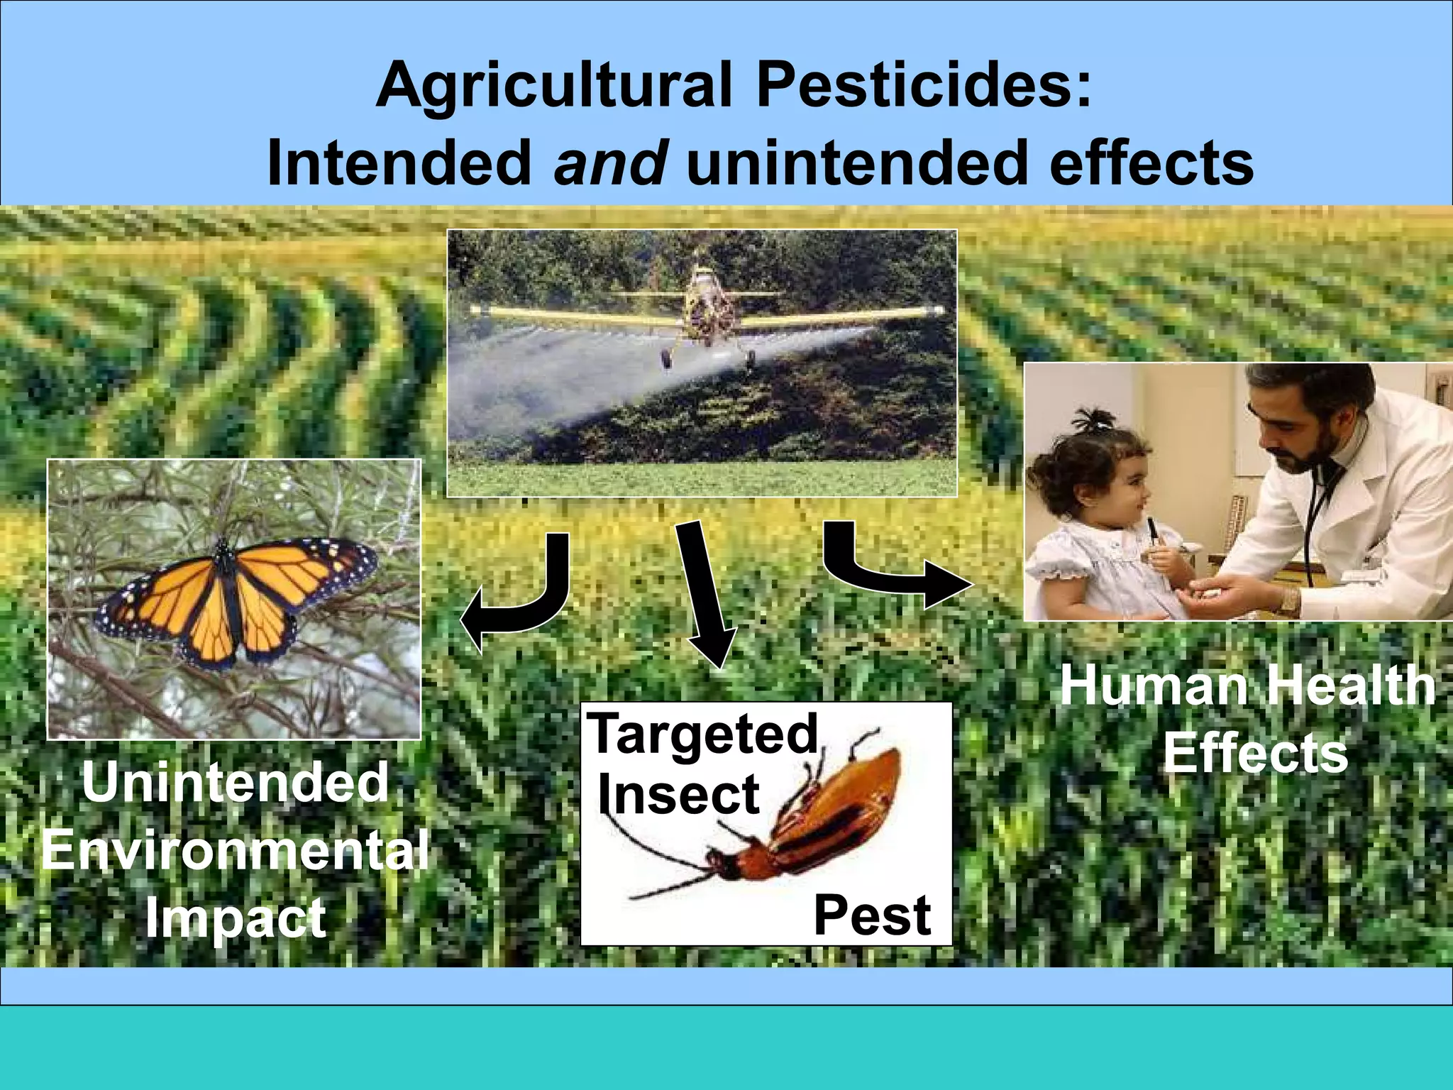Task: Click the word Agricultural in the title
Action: tap(553, 85)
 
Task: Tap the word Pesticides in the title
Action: tap(922, 85)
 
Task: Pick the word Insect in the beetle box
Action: tap(678, 795)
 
